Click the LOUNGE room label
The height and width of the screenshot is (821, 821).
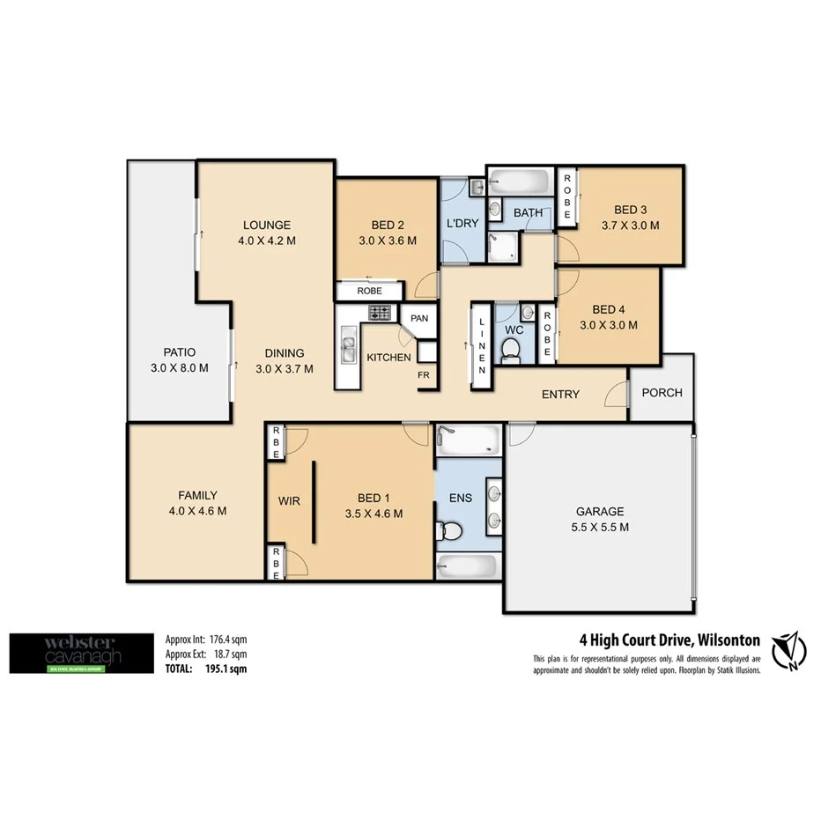coord(266,225)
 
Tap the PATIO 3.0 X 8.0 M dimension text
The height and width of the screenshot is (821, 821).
coord(179,368)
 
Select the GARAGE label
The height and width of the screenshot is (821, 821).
coord(600,511)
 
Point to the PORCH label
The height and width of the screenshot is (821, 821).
coord(662,392)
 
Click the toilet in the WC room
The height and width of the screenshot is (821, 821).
coord(510,351)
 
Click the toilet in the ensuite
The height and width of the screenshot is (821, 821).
coord(448,531)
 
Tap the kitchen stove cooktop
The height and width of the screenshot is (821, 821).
coord(380,313)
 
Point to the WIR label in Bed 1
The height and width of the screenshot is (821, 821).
coord(289,501)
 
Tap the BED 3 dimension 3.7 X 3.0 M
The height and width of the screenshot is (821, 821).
coord(630,226)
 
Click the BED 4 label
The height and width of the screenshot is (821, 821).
coord(609,309)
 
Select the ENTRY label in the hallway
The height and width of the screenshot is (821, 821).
coord(560,394)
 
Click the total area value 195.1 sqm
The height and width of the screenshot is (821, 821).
coord(226,669)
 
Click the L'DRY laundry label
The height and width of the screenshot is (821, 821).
coord(462,223)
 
